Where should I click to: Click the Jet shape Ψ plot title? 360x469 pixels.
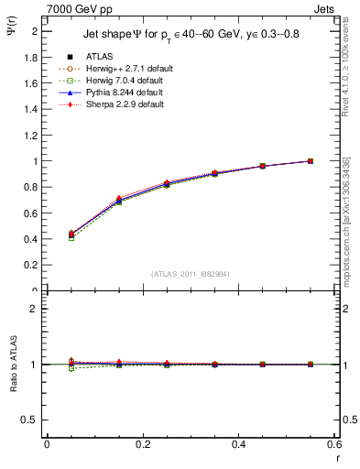coord(192,34)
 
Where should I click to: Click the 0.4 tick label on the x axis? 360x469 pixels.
coord(238,444)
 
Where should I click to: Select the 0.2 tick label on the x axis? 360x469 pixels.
coord(142,444)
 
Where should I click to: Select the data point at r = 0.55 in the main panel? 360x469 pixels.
coord(311,161)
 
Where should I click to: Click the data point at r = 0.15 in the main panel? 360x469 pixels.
coord(118,200)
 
